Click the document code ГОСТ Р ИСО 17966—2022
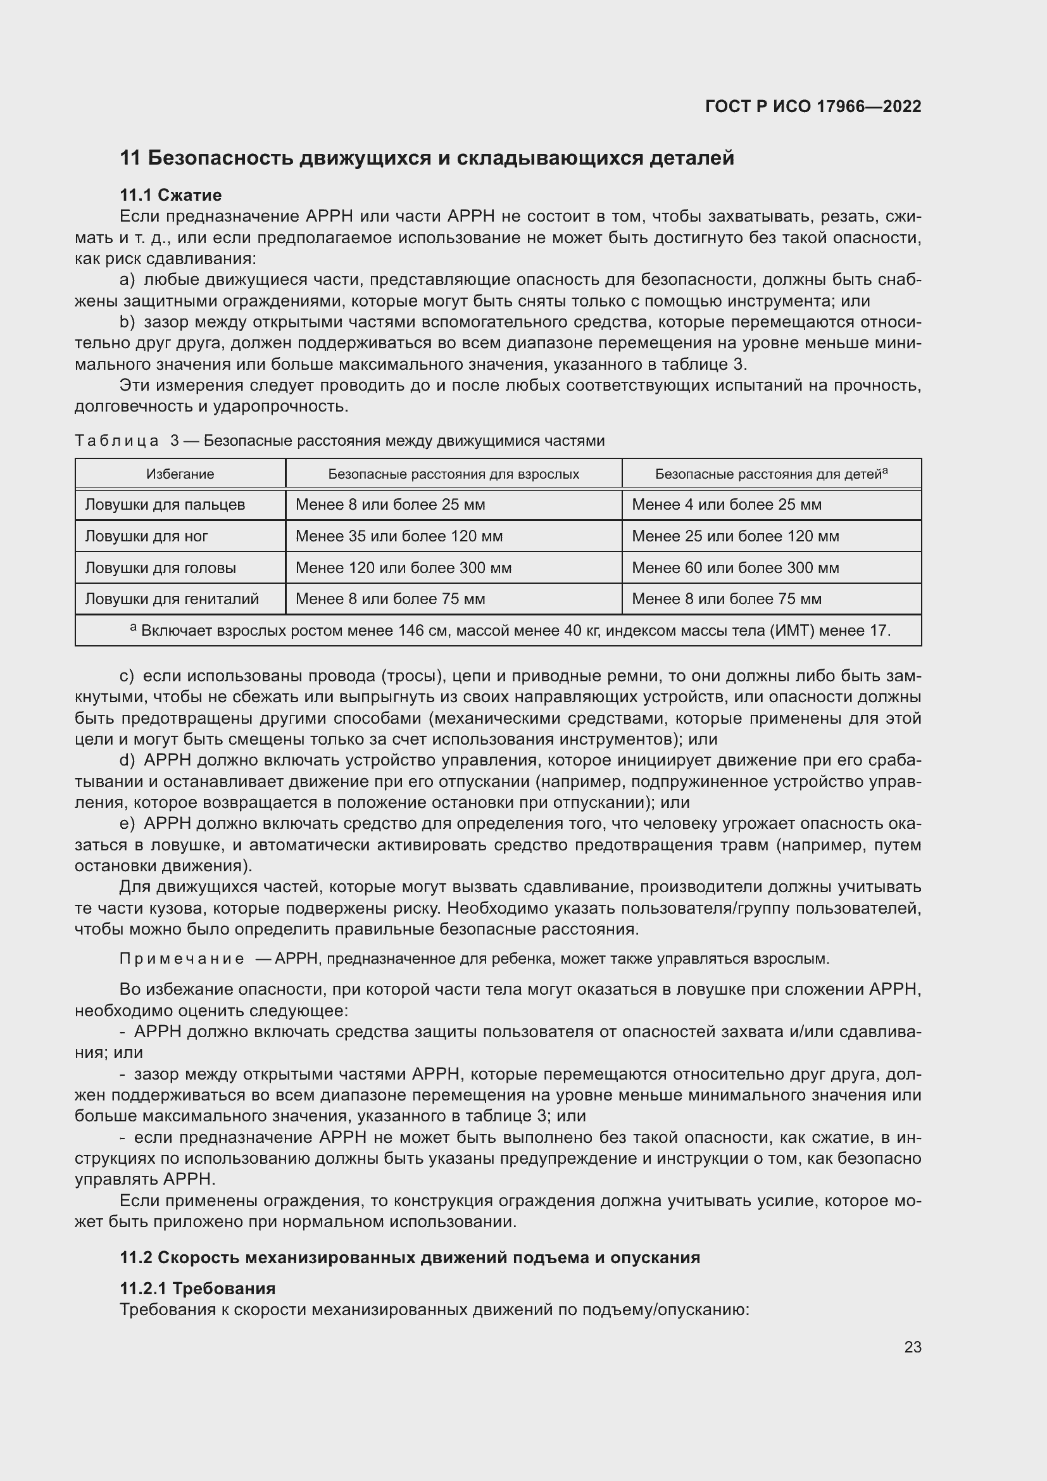pyautogui.click(x=813, y=106)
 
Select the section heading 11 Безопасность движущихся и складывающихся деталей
pyautogui.click(x=427, y=158)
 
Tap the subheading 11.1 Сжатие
pyautogui.click(x=171, y=195)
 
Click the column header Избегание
pyautogui.click(x=180, y=474)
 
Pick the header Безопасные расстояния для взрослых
pyautogui.click(x=453, y=474)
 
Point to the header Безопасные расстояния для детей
pyautogui.click(x=770, y=474)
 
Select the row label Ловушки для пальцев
pyautogui.click(x=165, y=505)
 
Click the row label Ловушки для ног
pyautogui.click(x=146, y=536)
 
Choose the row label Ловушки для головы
pyautogui.click(x=161, y=567)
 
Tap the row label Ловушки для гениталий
pyautogui.click(x=172, y=598)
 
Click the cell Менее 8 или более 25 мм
pyautogui.click(x=390, y=505)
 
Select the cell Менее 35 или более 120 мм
pyautogui.click(x=399, y=536)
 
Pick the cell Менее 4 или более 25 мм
pyautogui.click(x=727, y=505)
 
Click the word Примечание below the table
pyautogui.click(x=182, y=959)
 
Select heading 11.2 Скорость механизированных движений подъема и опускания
pyautogui.click(x=410, y=1257)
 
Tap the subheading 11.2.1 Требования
pyautogui.click(x=197, y=1288)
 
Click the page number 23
pyautogui.click(x=912, y=1347)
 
